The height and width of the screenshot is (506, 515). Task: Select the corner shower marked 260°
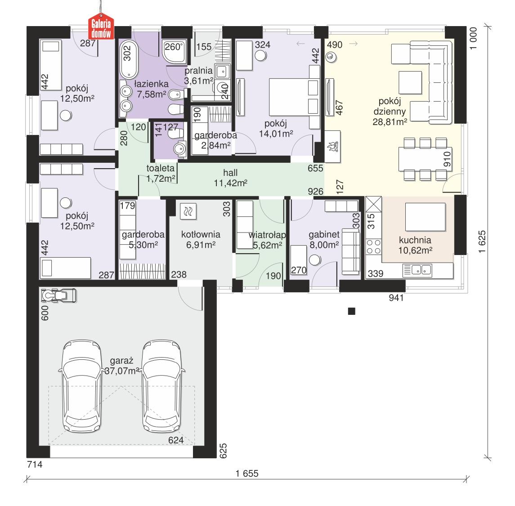click(x=173, y=52)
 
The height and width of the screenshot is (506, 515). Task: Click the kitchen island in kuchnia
click(x=425, y=217)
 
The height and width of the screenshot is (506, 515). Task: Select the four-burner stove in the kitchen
click(x=373, y=248)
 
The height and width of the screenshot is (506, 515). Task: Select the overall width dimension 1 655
click(x=247, y=473)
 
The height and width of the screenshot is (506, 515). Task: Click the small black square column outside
click(x=352, y=311)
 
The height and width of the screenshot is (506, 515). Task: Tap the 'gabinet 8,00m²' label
click(x=323, y=240)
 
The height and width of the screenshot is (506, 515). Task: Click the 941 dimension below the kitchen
click(x=396, y=297)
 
